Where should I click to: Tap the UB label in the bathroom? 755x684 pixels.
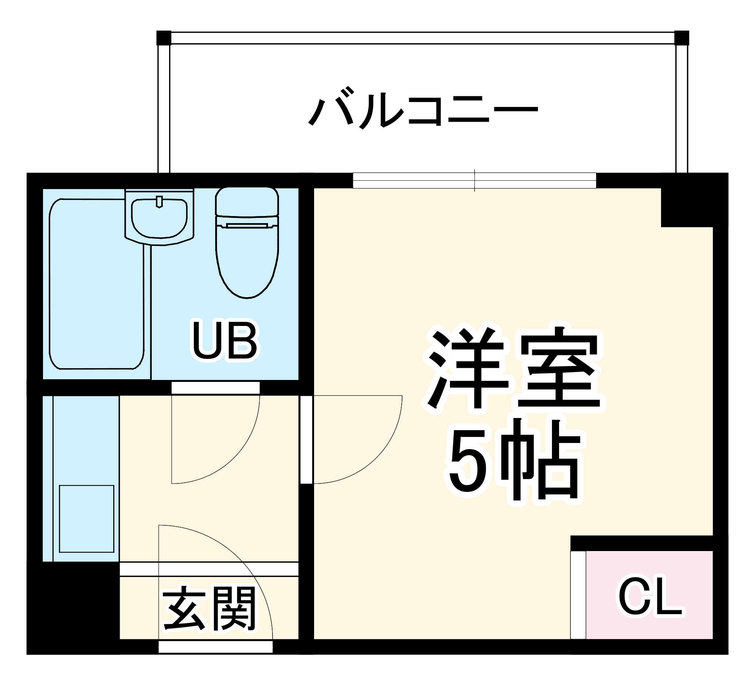225,340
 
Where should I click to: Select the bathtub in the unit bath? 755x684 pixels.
96,283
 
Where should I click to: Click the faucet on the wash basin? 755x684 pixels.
159,201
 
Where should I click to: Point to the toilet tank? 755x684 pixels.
247,202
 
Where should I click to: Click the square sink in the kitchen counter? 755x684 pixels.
86,519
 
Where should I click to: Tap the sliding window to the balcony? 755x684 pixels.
474,181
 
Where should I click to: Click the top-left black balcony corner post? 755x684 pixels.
164,38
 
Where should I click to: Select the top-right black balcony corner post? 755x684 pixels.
681,38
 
